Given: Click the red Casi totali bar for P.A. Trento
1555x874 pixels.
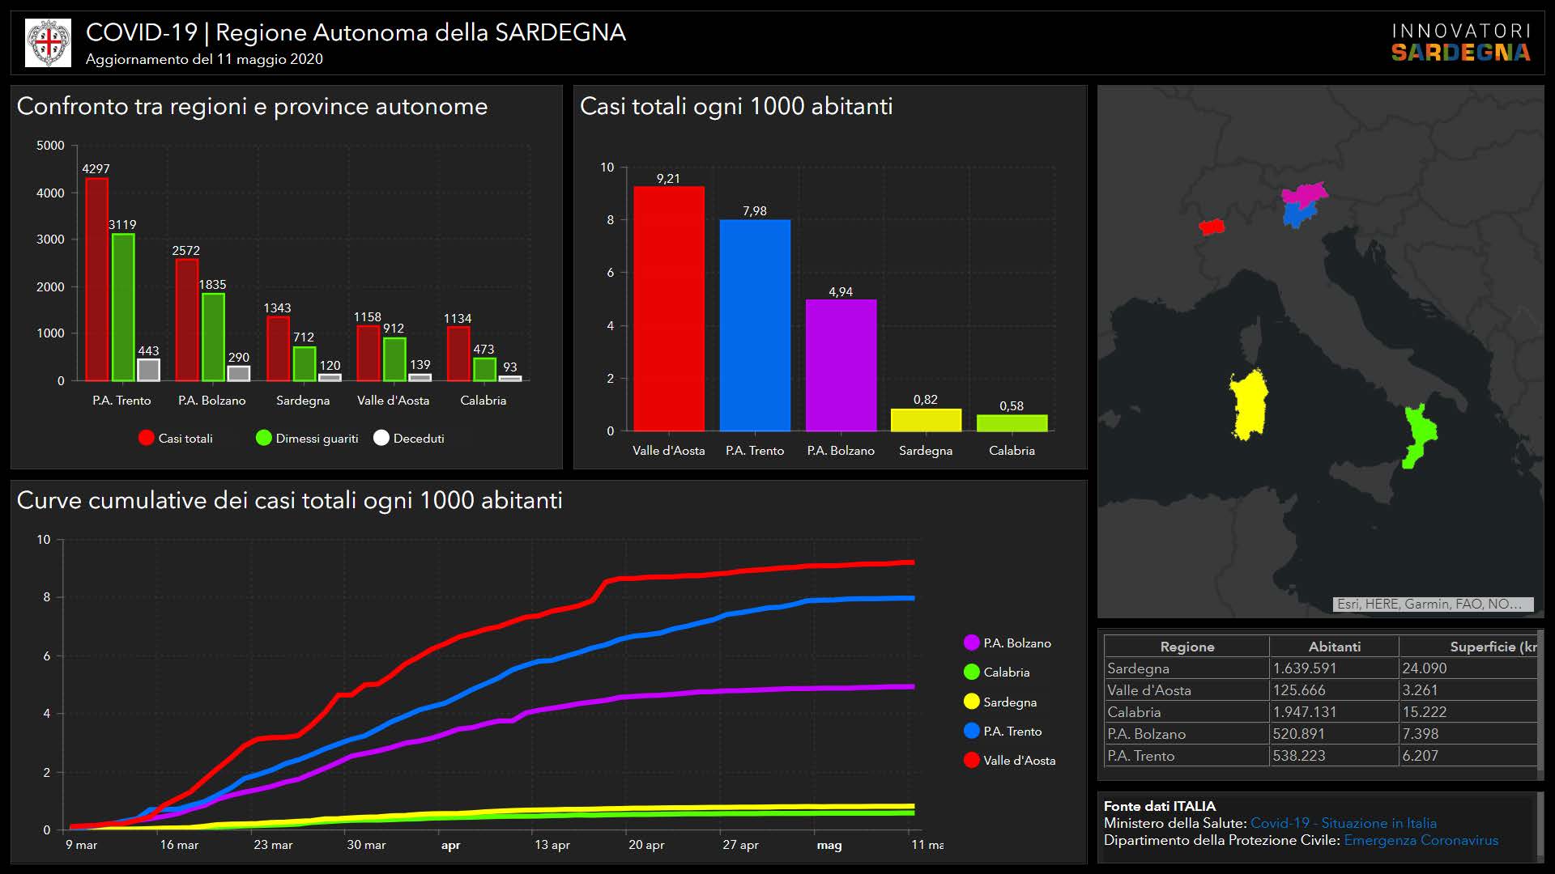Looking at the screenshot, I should (x=97, y=279).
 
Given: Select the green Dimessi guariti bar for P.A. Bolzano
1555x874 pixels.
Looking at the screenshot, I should (x=213, y=337).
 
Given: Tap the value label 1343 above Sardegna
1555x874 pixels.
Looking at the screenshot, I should (x=277, y=308).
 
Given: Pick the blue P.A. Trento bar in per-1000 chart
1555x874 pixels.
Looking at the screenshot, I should (x=755, y=325).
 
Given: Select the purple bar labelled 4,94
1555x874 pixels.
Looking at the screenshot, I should (x=841, y=365).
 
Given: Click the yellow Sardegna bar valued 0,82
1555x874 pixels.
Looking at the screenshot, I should (x=926, y=420).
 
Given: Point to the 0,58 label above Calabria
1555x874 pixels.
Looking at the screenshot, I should (x=1012, y=406).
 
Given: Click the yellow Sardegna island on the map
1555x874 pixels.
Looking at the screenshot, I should (x=1249, y=405).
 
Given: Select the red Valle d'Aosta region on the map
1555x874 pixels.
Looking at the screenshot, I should (x=1212, y=227).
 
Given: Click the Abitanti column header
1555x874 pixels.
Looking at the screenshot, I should (x=1334, y=647).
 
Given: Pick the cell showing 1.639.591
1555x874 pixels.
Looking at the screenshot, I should (x=1304, y=668).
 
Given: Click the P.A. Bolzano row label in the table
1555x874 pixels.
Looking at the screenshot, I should (x=1146, y=734).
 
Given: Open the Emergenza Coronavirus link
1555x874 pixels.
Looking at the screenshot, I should (x=1421, y=840).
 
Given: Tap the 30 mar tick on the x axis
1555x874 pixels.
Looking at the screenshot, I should (x=366, y=845).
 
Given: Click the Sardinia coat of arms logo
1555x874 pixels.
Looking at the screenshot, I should (x=49, y=43).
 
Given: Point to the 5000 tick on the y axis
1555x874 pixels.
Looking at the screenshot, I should (x=50, y=146).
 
